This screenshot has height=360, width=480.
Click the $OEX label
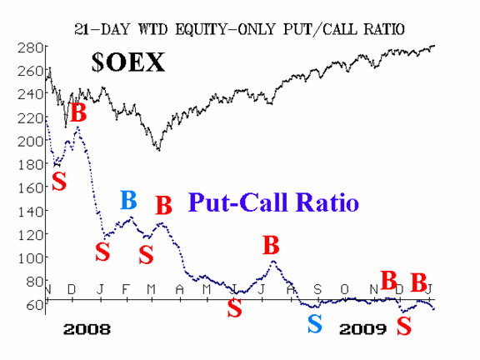coord(128,62)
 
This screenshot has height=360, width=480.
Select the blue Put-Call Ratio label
coord(273,202)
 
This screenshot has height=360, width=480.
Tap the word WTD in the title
coord(152,29)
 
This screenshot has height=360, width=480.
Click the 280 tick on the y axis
coord(30,47)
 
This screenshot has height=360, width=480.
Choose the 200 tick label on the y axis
coord(30,141)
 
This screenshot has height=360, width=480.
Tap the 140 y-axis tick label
coord(30,211)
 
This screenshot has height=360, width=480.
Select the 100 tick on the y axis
coord(30,258)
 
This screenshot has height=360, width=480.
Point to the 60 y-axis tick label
coord(34,305)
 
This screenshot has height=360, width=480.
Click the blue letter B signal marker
coord(128,200)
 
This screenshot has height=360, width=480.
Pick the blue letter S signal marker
coord(315,324)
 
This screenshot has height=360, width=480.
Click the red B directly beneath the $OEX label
coord(78,112)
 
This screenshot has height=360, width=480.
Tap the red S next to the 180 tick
coord(59,181)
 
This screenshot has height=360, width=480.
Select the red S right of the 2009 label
coord(404,326)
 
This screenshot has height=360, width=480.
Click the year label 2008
coord(87,329)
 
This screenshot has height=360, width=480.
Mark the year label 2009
coord(363,329)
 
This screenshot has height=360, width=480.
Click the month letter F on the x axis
coord(125,289)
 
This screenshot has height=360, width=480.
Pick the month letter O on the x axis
coord(345,289)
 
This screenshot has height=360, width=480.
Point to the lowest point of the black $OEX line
coord(159,150)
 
